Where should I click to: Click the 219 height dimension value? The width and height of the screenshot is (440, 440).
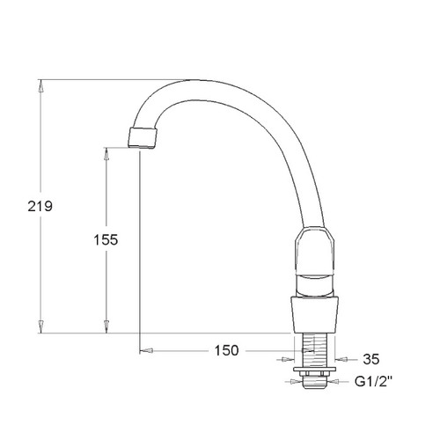pyautogui.click(x=40, y=206)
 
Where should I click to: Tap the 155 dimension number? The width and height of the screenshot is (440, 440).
pyautogui.click(x=106, y=239)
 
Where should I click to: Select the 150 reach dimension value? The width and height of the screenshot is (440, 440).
pyautogui.click(x=227, y=350)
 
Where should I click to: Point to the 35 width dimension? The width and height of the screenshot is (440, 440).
pyautogui.click(x=371, y=359)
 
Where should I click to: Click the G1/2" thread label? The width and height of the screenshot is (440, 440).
pyautogui.click(x=373, y=382)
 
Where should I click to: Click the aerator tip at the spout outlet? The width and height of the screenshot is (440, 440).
pyautogui.click(x=143, y=137)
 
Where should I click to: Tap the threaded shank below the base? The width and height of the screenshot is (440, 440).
pyautogui.click(x=314, y=349)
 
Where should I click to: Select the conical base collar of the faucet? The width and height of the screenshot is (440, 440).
pyautogui.click(x=315, y=315)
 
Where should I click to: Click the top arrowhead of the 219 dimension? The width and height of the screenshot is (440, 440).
pyautogui.click(x=41, y=86)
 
